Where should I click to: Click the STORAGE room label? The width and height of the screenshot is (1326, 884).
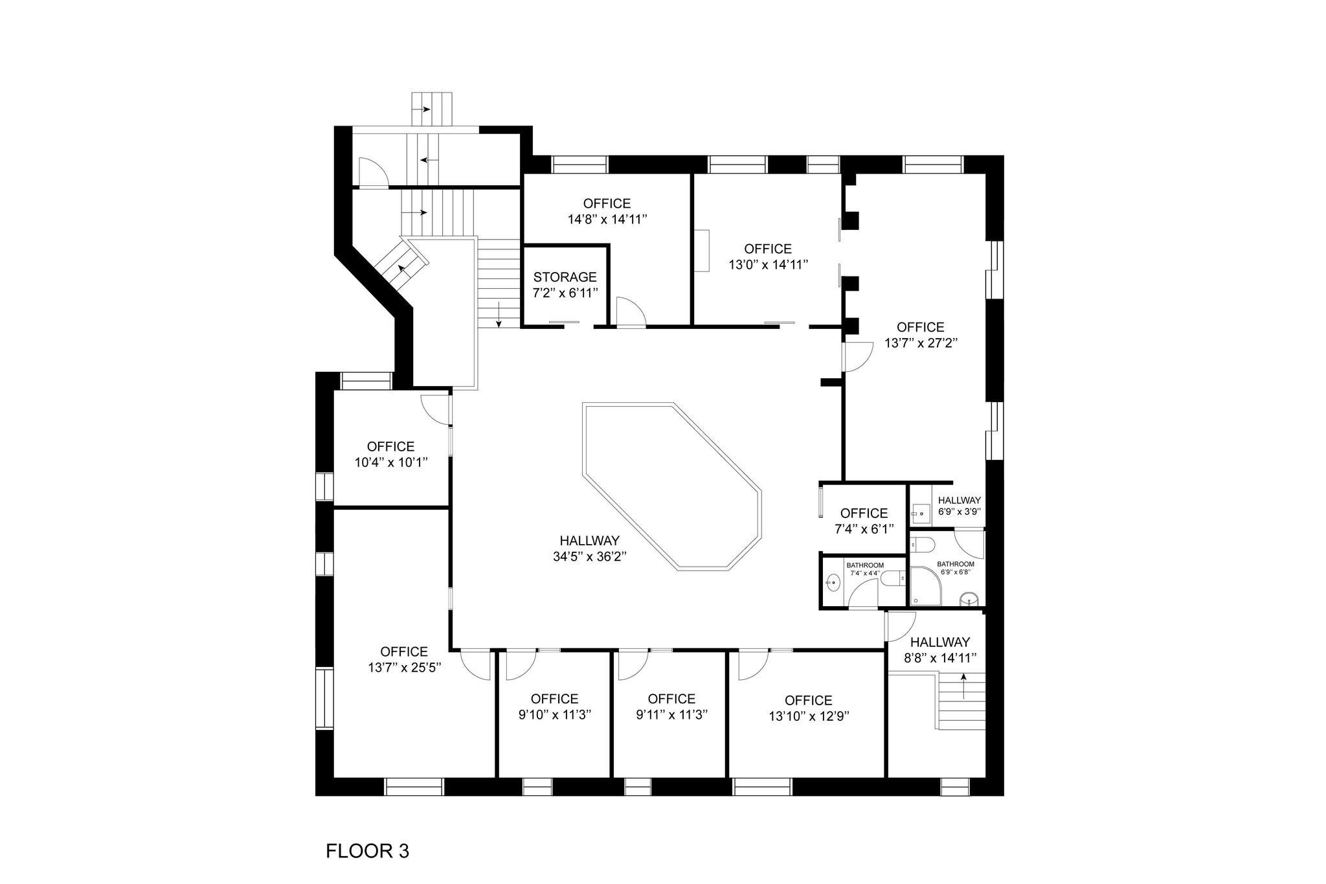point(565,277)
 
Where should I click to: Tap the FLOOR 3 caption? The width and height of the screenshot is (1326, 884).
point(367,850)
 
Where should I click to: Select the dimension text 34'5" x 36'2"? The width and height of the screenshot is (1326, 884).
point(589,556)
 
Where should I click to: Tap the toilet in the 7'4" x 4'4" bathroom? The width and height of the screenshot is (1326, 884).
point(896,578)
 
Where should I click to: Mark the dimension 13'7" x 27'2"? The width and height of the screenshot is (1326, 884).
point(921,343)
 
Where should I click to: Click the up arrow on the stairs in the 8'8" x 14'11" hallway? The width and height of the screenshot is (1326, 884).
point(963,686)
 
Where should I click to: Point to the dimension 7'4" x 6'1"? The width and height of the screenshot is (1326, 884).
point(864,528)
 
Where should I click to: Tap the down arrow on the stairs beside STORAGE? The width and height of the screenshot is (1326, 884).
point(499,313)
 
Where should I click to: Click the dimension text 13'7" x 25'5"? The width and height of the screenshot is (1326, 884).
point(404,668)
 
